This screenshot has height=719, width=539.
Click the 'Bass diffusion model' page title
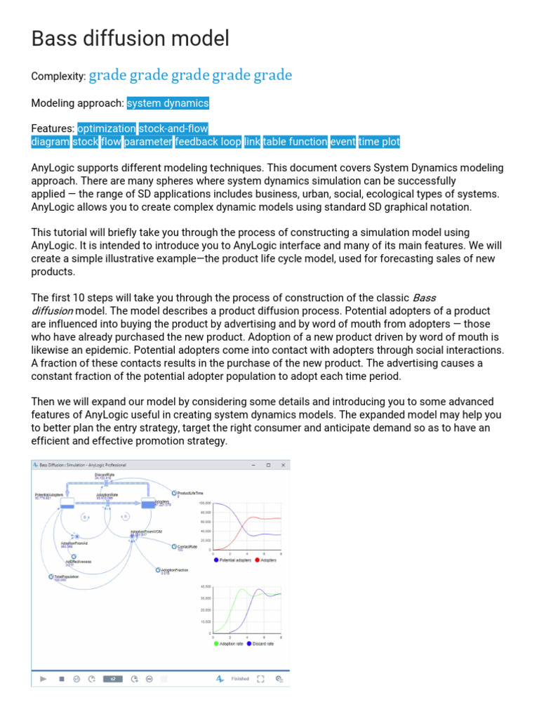(x=131, y=39)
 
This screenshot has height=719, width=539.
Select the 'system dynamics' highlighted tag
(x=168, y=103)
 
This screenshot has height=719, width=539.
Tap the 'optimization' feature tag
(x=107, y=128)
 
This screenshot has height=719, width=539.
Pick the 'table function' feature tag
(x=295, y=142)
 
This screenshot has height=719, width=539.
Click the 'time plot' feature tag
(x=379, y=142)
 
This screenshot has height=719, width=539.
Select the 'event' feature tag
(x=343, y=142)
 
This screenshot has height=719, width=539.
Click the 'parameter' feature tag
(x=148, y=142)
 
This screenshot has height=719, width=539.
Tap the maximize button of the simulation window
(x=268, y=465)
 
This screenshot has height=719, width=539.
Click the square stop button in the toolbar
(x=61, y=679)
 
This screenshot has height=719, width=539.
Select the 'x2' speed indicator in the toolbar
(x=112, y=679)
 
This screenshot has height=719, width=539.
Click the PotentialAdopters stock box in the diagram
(x=67, y=503)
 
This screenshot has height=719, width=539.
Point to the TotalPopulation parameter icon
(x=51, y=576)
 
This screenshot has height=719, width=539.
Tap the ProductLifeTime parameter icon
(x=174, y=493)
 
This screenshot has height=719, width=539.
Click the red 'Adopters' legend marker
(x=257, y=560)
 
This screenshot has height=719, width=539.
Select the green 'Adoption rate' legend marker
(x=216, y=643)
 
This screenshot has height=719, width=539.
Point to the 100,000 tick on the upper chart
(x=205, y=503)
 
